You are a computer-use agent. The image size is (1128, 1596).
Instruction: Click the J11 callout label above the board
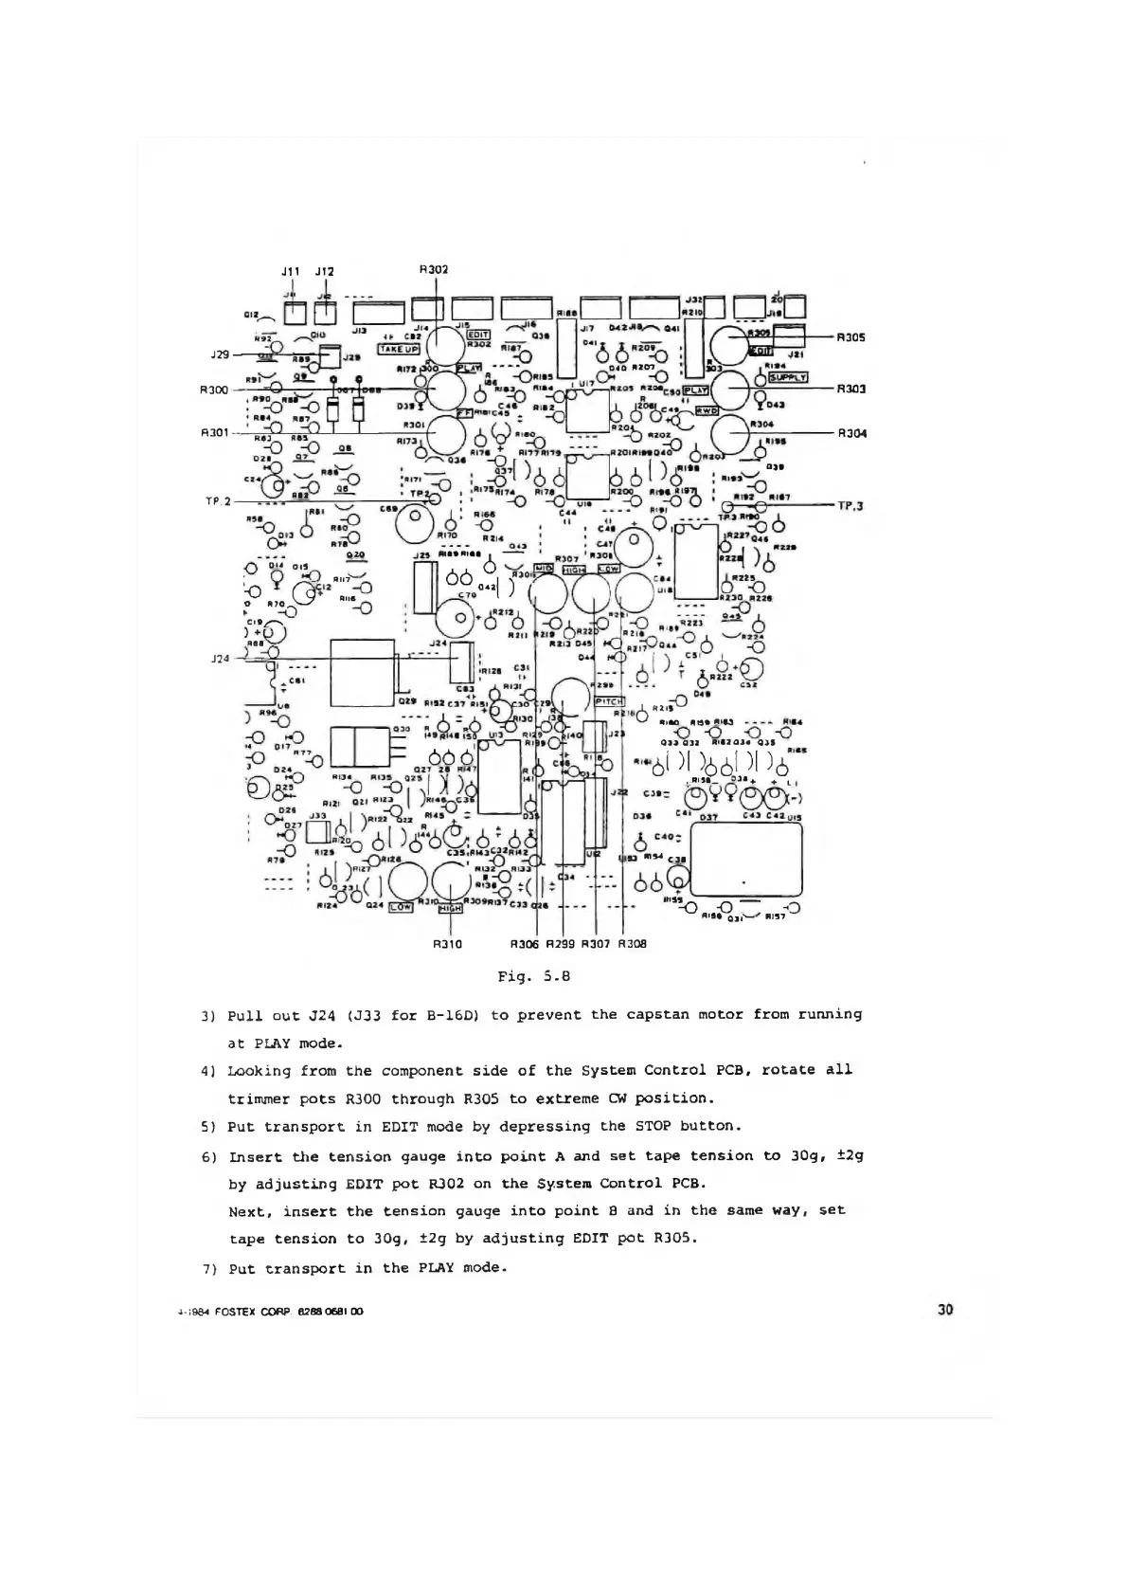click(x=292, y=271)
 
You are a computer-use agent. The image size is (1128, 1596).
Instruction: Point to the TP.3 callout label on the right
click(x=851, y=506)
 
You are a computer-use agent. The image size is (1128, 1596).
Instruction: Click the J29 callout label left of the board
click(x=221, y=354)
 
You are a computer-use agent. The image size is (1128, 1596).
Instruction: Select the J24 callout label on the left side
click(x=220, y=658)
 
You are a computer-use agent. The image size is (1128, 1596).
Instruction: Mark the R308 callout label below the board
click(x=632, y=944)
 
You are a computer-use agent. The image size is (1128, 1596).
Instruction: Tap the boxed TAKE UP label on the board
click(x=398, y=349)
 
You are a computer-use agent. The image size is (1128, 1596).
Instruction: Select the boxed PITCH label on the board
click(x=608, y=701)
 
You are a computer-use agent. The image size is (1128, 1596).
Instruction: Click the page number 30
click(x=944, y=1310)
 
